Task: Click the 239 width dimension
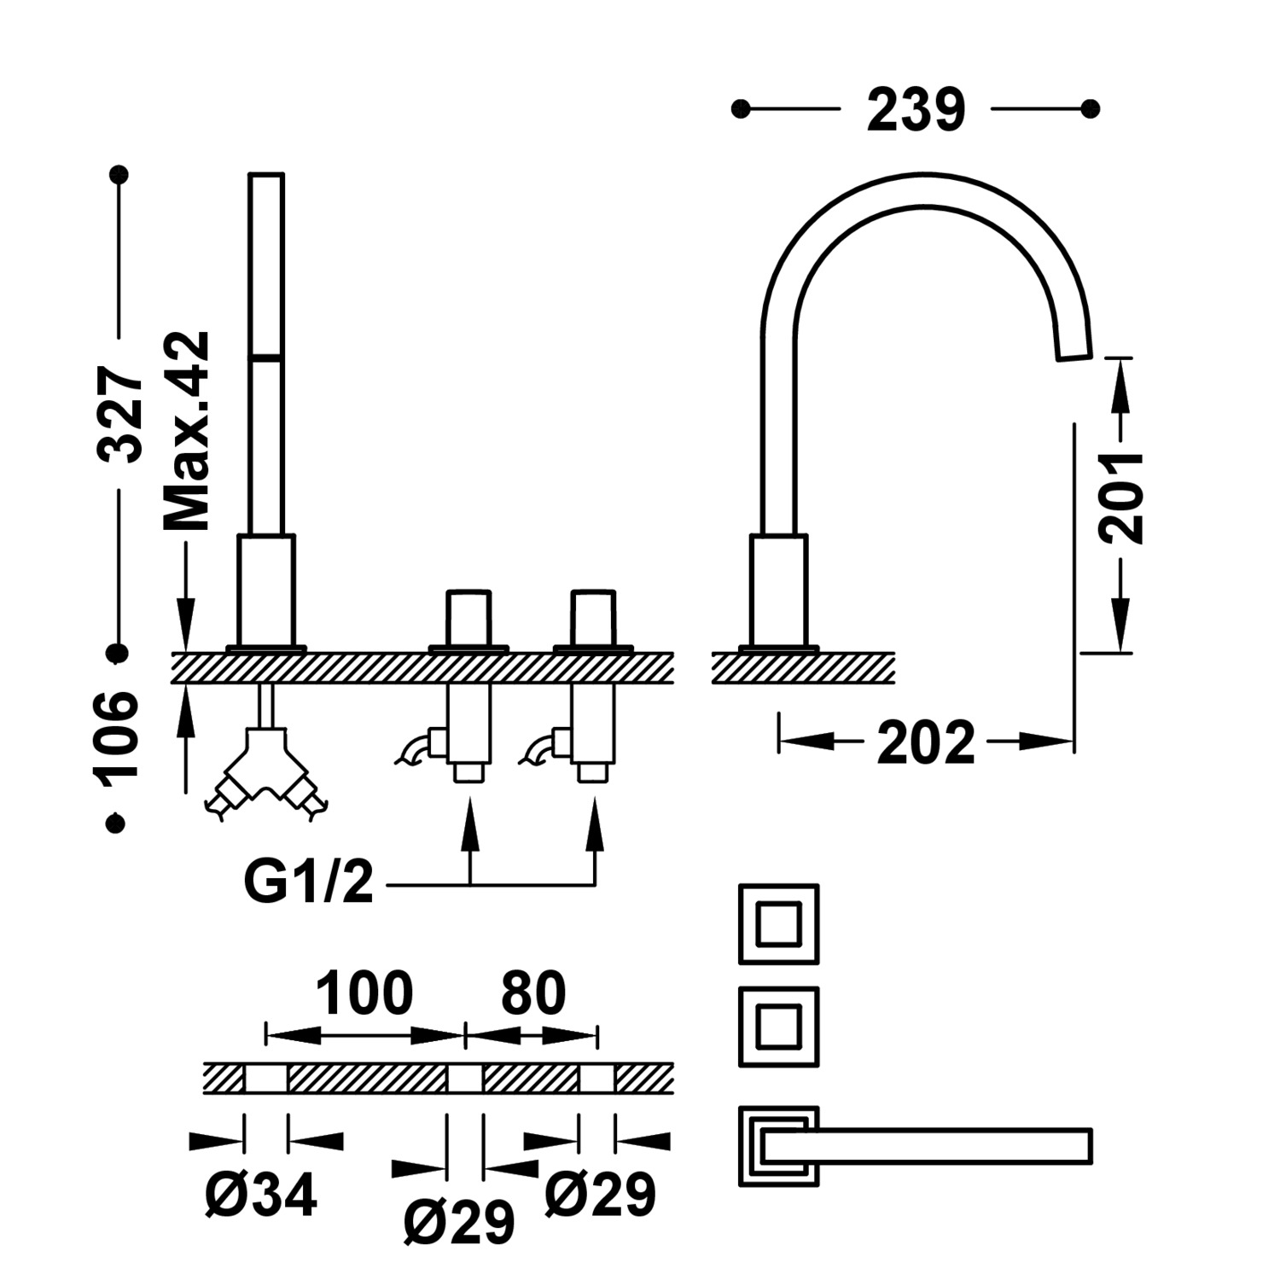916,110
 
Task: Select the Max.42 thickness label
186,431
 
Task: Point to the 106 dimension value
118,735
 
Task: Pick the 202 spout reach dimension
926,742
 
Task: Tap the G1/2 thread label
309,883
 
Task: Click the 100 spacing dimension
364,993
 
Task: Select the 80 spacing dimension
533,993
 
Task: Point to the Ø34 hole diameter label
261,1194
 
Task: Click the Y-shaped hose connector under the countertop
266,772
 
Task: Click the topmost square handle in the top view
778,924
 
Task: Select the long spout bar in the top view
930,1145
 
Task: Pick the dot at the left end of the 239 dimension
741,109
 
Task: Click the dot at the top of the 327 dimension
120,175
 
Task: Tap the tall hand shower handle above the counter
266,354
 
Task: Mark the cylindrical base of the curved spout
778,590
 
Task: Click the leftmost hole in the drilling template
266,1079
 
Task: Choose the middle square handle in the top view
778,1027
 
